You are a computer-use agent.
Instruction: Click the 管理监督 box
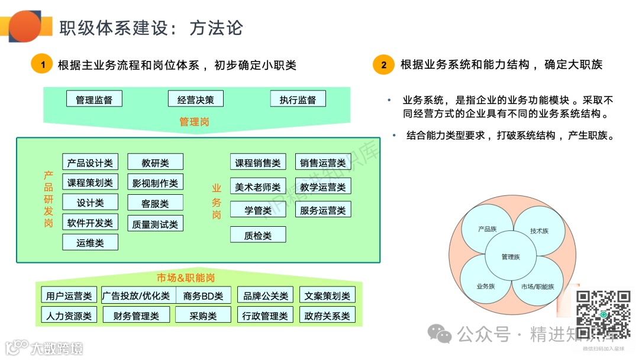(x=94, y=99)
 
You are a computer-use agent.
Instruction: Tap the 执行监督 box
(x=298, y=99)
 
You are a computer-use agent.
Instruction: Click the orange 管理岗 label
(x=194, y=122)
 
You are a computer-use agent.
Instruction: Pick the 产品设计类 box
(x=90, y=162)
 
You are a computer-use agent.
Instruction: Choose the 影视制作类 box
(x=155, y=182)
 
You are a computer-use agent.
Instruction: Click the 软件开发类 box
(x=90, y=223)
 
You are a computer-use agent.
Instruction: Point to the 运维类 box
(x=90, y=242)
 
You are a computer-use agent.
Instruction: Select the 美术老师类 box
(x=257, y=187)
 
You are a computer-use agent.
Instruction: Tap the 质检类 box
(x=257, y=235)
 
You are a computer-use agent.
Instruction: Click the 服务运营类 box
(x=322, y=210)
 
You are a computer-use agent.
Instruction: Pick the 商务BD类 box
(x=203, y=295)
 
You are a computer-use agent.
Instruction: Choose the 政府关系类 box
(x=327, y=316)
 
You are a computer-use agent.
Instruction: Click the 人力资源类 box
(x=69, y=316)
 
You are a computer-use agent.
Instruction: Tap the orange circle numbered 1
(x=42, y=65)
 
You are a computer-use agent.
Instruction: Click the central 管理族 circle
(x=510, y=257)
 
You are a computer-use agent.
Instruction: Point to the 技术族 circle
(x=538, y=230)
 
